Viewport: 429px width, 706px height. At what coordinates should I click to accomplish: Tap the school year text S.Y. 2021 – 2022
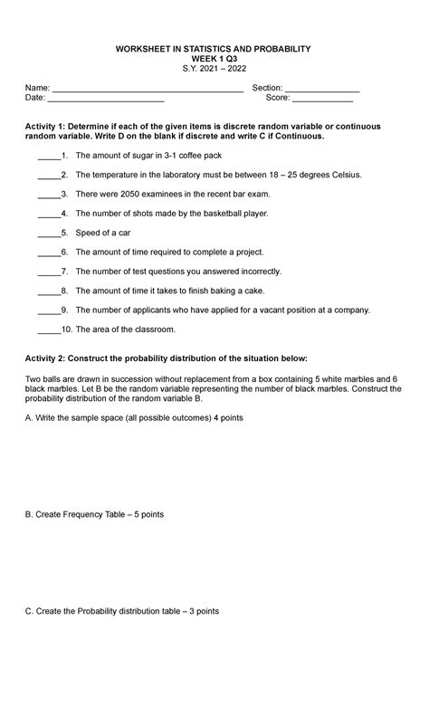coord(214,68)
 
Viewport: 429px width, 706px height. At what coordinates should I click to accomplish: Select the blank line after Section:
coord(322,89)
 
